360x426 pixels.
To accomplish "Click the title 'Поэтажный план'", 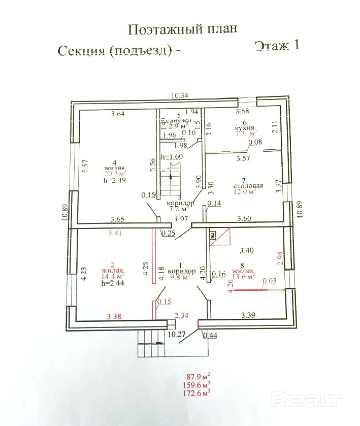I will [182, 29].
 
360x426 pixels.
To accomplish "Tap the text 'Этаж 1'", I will [277, 46].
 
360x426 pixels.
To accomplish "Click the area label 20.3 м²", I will [115, 173].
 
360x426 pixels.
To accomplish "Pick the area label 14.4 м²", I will [113, 277].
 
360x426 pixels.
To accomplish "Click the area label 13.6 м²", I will [243, 277].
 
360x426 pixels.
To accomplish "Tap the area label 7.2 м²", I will [178, 208].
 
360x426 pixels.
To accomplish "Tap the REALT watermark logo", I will [306, 400].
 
